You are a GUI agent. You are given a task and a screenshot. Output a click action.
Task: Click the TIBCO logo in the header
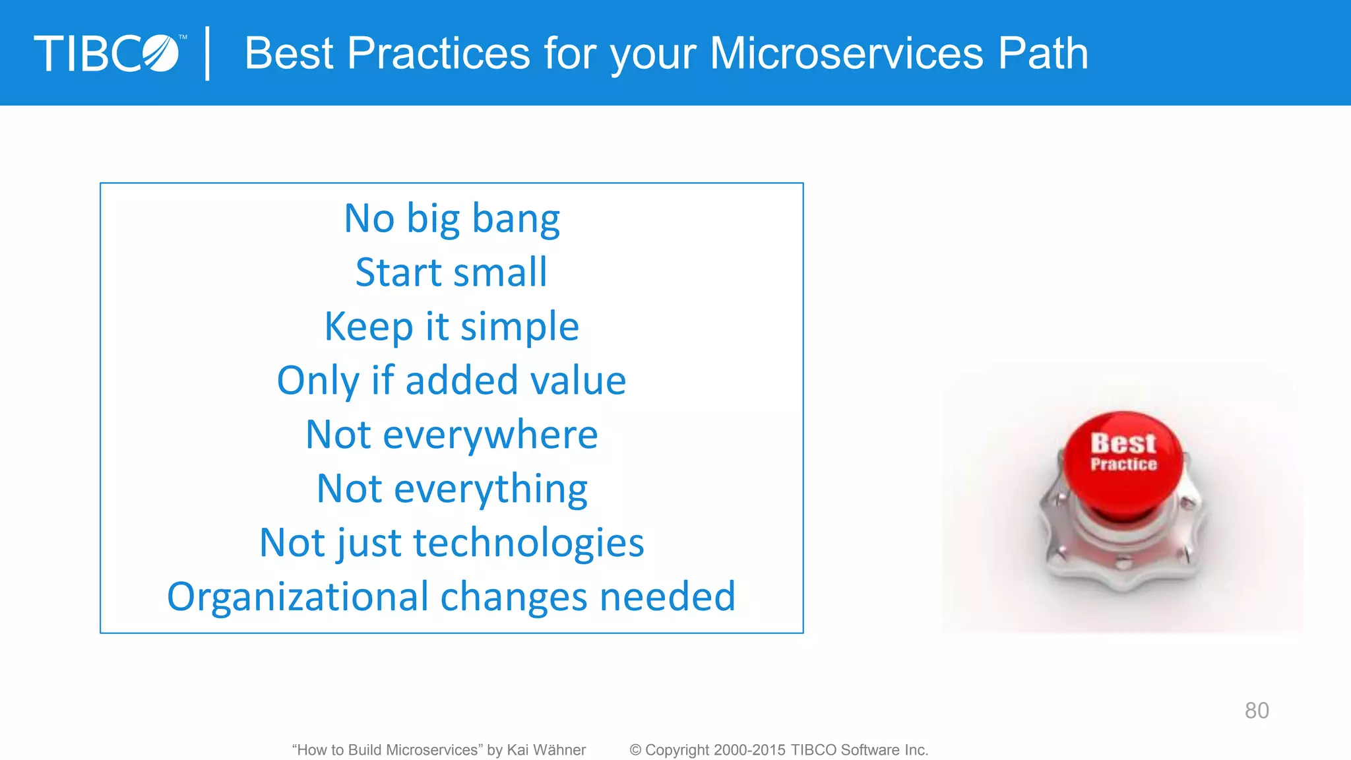click(107, 53)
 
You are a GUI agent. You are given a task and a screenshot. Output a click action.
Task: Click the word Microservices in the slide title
click(846, 53)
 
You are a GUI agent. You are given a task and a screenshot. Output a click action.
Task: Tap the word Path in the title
click(1042, 53)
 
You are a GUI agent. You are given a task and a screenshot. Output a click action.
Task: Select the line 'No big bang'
click(452, 218)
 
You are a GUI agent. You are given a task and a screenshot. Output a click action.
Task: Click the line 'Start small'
click(452, 272)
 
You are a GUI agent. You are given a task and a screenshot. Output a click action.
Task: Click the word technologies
click(528, 543)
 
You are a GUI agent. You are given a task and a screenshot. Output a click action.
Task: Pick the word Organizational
click(297, 597)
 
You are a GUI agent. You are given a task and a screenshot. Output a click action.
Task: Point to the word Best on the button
click(1123, 443)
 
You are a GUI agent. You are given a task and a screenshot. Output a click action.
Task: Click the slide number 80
click(1257, 711)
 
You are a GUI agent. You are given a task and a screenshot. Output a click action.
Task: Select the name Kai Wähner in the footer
click(546, 750)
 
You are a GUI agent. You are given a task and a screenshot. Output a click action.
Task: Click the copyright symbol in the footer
click(635, 750)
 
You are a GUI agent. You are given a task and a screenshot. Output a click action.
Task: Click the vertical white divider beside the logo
click(208, 53)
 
